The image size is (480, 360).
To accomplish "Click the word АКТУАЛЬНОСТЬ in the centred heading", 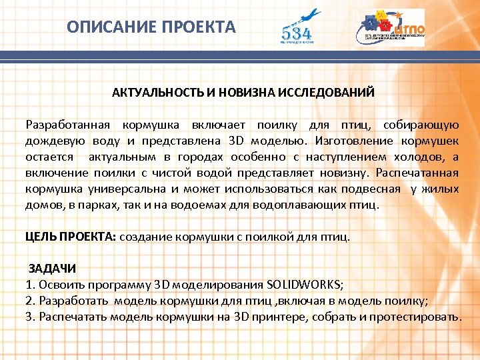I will click(x=153, y=91).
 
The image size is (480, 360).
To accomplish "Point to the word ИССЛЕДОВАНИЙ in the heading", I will click(x=330, y=91).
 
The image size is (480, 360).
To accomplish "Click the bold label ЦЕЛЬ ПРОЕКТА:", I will click(x=71, y=237).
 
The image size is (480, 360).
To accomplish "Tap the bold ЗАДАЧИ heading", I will click(x=52, y=269).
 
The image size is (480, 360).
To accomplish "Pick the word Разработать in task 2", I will click(x=74, y=301).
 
